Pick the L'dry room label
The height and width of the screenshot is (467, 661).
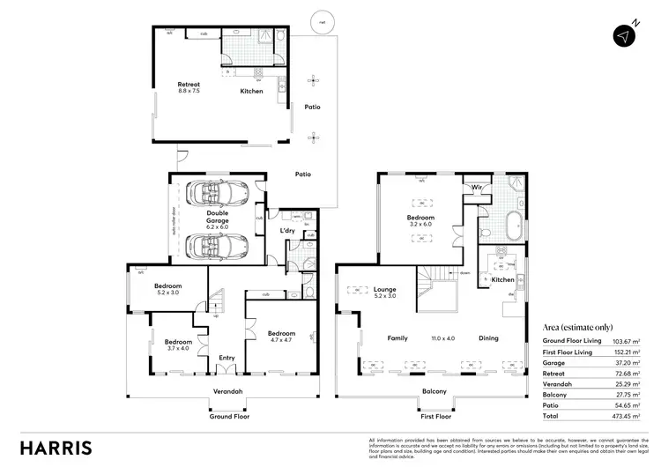287,230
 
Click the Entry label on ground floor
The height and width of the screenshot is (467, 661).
227,358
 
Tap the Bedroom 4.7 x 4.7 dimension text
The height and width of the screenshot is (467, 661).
281,341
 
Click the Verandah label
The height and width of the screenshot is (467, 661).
227,391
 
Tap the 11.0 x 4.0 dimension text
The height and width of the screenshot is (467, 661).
444,338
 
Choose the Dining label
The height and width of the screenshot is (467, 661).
488,338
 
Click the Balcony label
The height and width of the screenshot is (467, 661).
434,391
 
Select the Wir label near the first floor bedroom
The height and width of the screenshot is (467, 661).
475,188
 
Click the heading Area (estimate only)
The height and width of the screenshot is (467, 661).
578,327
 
